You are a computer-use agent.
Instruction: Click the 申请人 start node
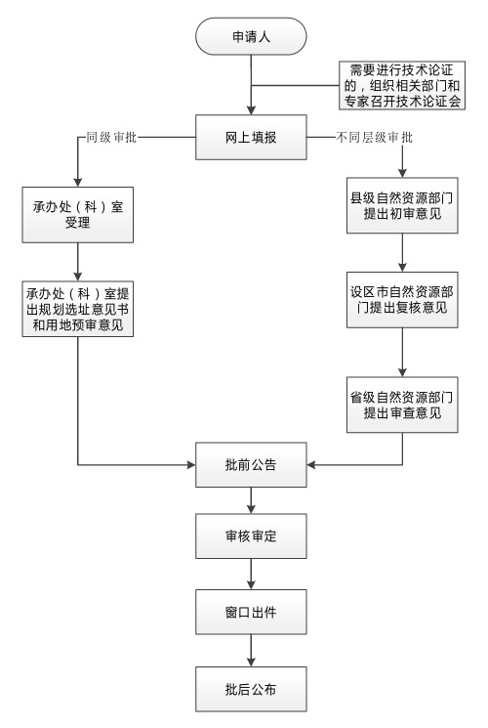[251, 36]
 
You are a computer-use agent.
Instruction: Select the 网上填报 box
[251, 138]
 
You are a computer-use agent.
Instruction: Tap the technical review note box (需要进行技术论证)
[402, 85]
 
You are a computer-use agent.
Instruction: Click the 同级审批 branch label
[112, 138]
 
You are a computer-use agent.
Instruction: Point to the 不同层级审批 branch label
[375, 138]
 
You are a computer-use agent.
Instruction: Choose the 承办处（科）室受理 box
[77, 215]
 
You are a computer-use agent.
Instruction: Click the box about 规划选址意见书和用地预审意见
[77, 309]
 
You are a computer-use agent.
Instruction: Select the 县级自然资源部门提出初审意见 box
[402, 205]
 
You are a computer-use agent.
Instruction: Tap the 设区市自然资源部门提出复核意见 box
[402, 300]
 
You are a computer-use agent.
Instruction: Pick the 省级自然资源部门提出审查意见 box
[402, 405]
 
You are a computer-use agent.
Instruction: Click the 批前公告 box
[251, 465]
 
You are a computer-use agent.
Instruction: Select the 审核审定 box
[251, 536]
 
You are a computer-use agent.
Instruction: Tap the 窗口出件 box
[251, 613]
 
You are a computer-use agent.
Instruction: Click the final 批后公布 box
[251, 690]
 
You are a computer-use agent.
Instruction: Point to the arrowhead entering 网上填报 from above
[251, 110]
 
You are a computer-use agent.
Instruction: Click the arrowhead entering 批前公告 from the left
[190, 465]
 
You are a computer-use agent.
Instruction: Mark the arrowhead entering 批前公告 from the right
[311, 465]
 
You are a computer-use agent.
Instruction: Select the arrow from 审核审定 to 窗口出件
[251, 575]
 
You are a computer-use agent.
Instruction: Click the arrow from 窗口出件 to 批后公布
[251, 651]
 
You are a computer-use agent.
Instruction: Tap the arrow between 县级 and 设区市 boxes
[402, 252]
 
